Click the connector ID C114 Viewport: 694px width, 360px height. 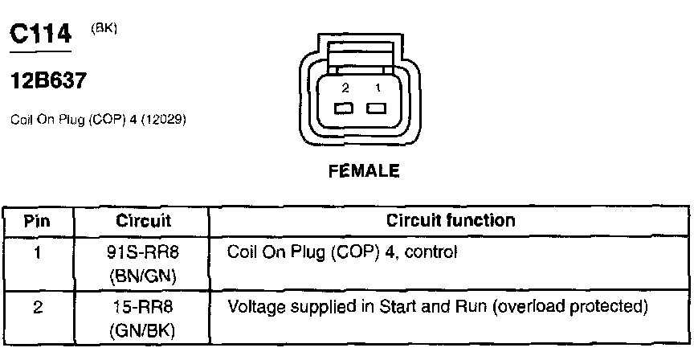[x=39, y=34]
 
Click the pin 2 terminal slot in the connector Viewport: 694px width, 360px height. [x=343, y=108]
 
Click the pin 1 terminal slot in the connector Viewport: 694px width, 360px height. [x=376, y=108]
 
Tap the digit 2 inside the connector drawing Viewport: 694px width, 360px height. [x=344, y=87]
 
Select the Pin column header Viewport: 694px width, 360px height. [x=38, y=220]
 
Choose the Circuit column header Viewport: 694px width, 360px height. [x=141, y=220]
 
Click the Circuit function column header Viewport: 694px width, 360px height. [x=451, y=220]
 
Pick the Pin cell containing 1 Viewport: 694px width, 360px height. [x=38, y=252]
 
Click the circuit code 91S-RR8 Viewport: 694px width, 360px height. [x=141, y=252]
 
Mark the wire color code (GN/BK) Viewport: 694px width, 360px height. [x=141, y=330]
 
